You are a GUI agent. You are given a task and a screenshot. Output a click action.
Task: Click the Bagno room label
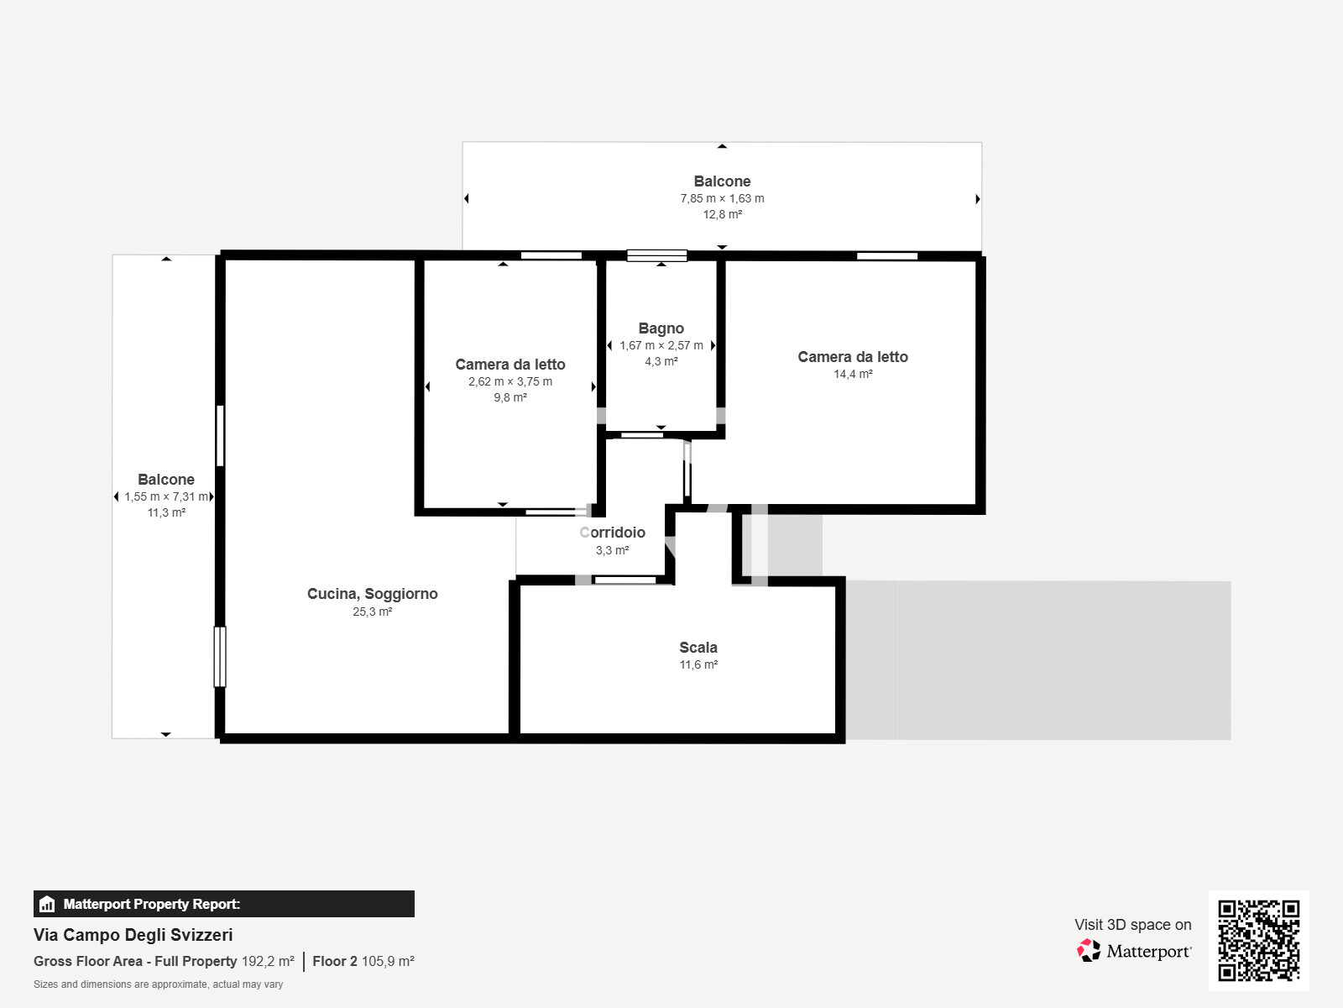point(661,328)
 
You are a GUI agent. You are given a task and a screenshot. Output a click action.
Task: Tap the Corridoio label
point(613,533)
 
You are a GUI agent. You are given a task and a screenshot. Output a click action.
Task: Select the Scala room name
point(698,647)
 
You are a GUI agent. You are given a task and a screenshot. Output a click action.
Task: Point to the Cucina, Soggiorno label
point(372,594)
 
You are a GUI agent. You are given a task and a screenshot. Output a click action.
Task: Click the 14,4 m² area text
point(853,374)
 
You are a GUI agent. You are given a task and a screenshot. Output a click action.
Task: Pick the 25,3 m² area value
point(372,612)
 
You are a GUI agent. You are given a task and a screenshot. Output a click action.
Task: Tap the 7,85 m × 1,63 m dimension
point(722,198)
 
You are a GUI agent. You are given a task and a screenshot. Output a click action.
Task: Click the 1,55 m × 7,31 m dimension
point(166,496)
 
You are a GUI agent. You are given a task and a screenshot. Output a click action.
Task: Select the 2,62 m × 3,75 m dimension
point(510,381)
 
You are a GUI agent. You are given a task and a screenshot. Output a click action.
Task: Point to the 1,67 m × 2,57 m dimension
point(661,345)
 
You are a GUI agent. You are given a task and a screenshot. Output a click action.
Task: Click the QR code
point(1258,941)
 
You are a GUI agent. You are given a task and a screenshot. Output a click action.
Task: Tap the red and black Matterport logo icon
point(1089,951)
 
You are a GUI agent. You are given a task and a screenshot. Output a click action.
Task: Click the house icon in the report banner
point(47,904)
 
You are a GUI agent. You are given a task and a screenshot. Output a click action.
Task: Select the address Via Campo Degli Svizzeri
point(133,935)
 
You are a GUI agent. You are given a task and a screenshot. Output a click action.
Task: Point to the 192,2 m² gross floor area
point(268,962)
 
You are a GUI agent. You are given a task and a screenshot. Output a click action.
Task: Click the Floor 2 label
point(335,962)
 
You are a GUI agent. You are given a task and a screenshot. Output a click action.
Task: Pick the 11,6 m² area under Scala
point(698,664)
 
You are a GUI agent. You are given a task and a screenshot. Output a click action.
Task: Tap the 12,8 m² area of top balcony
point(722,214)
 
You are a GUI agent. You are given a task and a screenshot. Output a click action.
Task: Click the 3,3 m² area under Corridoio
point(613,550)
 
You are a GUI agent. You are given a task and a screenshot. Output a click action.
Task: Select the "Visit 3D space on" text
point(1132,925)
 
